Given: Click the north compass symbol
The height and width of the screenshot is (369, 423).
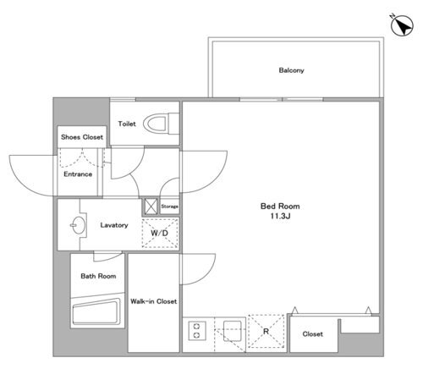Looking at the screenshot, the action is point(402,25).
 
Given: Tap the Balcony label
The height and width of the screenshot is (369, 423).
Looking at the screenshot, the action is point(291,70).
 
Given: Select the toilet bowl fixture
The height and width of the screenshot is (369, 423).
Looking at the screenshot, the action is point(161,124).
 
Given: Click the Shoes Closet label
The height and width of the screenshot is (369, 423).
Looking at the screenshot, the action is point(82,137).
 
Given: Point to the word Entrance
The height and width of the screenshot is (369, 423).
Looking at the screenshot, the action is point(78,174).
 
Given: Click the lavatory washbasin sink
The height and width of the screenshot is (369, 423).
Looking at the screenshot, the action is point(78,225).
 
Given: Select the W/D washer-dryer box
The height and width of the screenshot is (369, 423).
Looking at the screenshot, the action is point(160,234).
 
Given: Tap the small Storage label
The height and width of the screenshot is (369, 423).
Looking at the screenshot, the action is point(169,207).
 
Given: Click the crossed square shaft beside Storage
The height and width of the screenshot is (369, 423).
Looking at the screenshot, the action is point(151,207).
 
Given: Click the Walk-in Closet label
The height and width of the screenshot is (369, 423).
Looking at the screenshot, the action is point(154,301).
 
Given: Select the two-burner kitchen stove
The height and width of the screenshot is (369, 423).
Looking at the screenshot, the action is point(197,331).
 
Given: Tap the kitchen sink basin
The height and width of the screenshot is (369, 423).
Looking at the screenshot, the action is point(233,331).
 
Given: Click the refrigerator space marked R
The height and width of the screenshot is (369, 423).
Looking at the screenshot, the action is point(266,331).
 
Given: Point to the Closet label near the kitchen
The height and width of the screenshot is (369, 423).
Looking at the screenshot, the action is point(312,334).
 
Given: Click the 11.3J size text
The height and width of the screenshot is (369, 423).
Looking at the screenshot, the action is point(280,216).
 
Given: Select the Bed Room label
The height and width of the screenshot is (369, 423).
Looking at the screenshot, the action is point(280,207).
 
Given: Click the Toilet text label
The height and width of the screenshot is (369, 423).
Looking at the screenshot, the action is point(127,124).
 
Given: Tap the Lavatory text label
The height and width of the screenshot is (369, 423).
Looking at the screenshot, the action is point(114,225).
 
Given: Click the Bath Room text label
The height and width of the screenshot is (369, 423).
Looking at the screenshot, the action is point(98,276).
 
